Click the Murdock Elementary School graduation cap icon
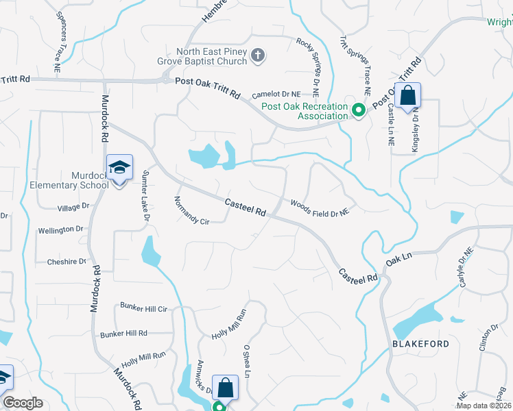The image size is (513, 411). click(119, 167)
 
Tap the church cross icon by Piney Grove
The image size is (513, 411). click(258, 56)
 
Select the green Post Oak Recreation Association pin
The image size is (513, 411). click(358, 110)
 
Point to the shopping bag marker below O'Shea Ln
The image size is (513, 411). click(225, 388)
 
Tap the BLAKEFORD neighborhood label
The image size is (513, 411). click(421, 344)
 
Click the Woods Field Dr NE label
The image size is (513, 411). click(320, 208)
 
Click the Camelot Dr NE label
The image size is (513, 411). click(276, 94)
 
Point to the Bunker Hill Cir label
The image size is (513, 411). click(143, 308)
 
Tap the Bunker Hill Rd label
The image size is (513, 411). click(123, 334)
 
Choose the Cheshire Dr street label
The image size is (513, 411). click(67, 262)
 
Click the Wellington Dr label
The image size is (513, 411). click(60, 229)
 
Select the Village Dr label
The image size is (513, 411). click(73, 206)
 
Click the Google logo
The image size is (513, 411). click(23, 403)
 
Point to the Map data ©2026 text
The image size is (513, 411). click(483, 406)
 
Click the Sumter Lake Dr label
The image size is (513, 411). click(145, 195)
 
